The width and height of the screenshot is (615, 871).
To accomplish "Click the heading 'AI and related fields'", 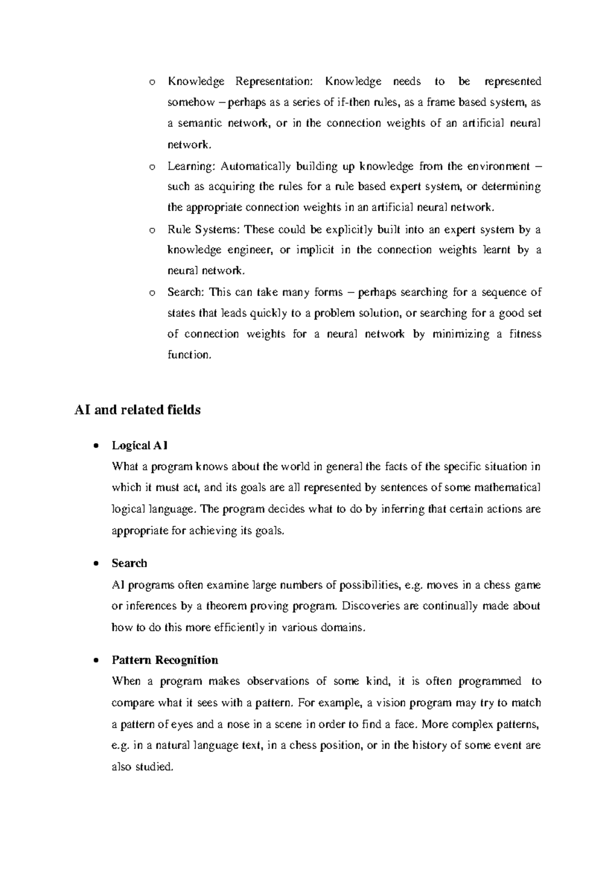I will tap(137, 410).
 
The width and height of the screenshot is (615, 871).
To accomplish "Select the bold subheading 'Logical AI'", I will tap(139, 446).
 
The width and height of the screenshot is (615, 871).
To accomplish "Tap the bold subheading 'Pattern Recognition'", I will tap(165, 660).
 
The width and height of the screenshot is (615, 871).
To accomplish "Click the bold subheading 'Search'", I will tap(129, 563).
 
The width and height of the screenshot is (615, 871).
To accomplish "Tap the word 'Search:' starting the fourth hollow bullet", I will tap(186, 292).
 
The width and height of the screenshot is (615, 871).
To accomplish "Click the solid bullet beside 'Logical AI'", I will tap(96, 446).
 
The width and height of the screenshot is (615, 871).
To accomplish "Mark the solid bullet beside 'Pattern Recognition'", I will tap(96, 661).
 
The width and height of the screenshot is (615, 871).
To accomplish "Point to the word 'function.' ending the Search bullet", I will tap(189, 355).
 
